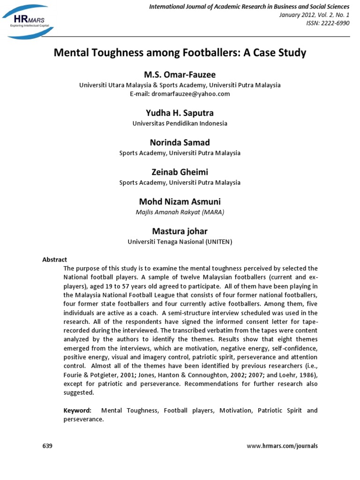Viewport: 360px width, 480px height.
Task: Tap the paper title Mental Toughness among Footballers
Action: coord(180,52)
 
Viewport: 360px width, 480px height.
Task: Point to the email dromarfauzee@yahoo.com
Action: coord(180,94)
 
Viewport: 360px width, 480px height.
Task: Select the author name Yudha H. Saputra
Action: coord(180,113)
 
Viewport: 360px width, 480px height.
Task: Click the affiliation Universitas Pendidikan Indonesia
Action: coord(180,124)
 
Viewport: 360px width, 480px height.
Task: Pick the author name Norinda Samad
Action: coord(180,142)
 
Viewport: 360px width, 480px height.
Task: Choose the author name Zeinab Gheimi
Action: coord(180,172)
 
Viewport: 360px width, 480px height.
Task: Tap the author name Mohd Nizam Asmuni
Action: coord(180,201)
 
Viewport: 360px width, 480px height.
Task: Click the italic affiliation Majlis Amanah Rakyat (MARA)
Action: coord(180,212)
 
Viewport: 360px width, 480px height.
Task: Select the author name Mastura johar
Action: coord(180,231)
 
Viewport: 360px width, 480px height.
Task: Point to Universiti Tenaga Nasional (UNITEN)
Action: coord(180,242)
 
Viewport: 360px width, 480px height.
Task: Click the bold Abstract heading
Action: coord(55,260)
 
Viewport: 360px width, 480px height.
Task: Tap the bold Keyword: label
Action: coord(77,411)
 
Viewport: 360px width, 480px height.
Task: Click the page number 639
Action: coord(47,446)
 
